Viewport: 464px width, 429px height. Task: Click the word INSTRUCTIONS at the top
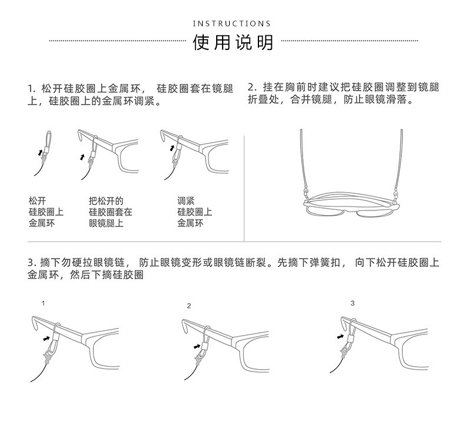coord(232,24)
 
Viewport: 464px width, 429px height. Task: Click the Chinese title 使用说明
coord(233,42)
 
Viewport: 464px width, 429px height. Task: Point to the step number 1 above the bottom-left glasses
coord(43,304)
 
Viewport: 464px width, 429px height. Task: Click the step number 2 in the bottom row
coord(189,306)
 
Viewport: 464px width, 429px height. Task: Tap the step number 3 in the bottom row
coord(352,303)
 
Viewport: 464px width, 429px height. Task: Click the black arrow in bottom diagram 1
coord(46,338)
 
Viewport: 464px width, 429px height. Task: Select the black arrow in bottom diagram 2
coord(197,347)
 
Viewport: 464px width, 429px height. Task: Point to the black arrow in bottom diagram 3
coord(339,336)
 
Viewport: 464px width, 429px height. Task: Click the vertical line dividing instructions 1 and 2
coord(244,188)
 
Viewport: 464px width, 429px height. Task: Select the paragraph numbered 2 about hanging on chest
coord(344,93)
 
